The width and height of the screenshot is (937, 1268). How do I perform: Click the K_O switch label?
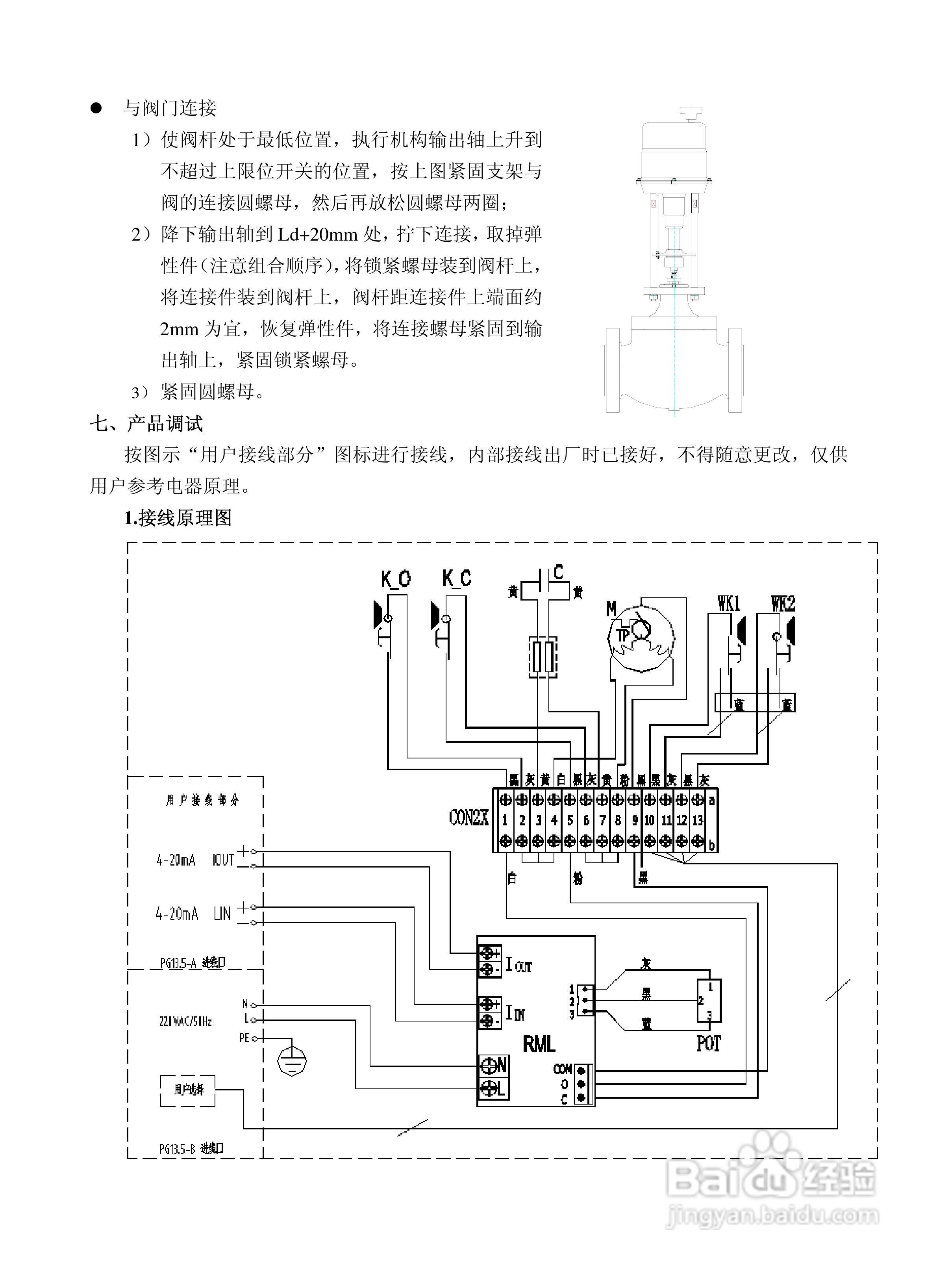click(x=395, y=579)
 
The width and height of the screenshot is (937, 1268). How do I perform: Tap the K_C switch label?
click(x=457, y=578)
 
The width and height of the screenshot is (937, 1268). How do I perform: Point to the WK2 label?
click(x=783, y=604)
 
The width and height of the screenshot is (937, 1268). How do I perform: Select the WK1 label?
click(x=729, y=604)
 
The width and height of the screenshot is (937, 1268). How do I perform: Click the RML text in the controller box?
click(x=539, y=1044)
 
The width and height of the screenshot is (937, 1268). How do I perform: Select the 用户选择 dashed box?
click(x=188, y=1090)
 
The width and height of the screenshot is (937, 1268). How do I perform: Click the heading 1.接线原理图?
click(x=178, y=517)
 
